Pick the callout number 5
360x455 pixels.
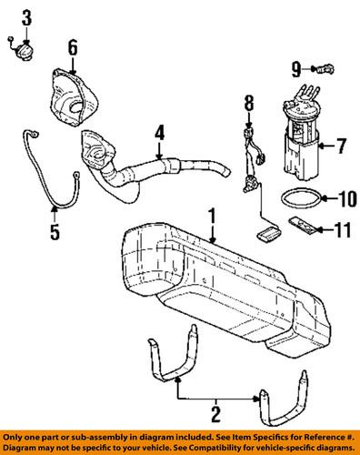(54, 231)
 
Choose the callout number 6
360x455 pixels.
(73, 47)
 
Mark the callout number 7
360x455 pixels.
(342, 145)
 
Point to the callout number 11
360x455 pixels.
(342, 231)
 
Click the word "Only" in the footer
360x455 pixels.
(16, 435)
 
